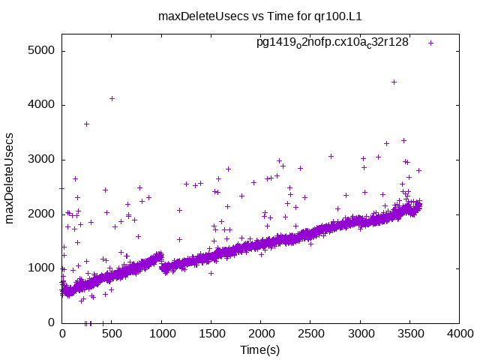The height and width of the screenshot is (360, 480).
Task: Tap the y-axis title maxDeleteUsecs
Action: click(10, 177)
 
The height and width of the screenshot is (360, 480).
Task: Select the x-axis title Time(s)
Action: click(259, 349)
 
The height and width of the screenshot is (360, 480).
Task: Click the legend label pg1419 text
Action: click(332, 43)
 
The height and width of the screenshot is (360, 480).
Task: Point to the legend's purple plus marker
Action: click(430, 43)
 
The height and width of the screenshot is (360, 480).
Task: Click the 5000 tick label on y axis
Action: click(42, 51)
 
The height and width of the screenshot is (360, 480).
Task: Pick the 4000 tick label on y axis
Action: click(42, 105)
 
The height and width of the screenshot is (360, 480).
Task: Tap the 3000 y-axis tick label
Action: click(42, 160)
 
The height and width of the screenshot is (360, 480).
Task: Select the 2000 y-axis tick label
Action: click(42, 214)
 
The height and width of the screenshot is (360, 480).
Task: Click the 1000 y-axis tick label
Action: click(42, 268)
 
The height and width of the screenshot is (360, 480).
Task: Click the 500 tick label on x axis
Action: click(112, 335)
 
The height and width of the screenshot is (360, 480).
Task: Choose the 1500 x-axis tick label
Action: click(211, 335)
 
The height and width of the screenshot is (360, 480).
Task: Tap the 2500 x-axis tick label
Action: click(310, 335)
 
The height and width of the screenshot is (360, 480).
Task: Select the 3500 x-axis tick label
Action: click(409, 335)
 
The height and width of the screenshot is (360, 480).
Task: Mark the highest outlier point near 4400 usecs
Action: click(394, 82)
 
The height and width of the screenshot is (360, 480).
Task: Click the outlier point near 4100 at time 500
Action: click(112, 98)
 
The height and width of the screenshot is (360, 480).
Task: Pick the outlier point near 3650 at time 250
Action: click(87, 124)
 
